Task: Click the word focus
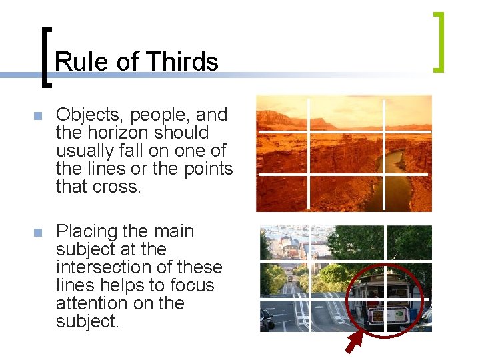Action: (191, 286)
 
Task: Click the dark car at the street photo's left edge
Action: (267, 320)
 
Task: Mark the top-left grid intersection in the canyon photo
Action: (309, 132)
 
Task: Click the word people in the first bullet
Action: (156, 115)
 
